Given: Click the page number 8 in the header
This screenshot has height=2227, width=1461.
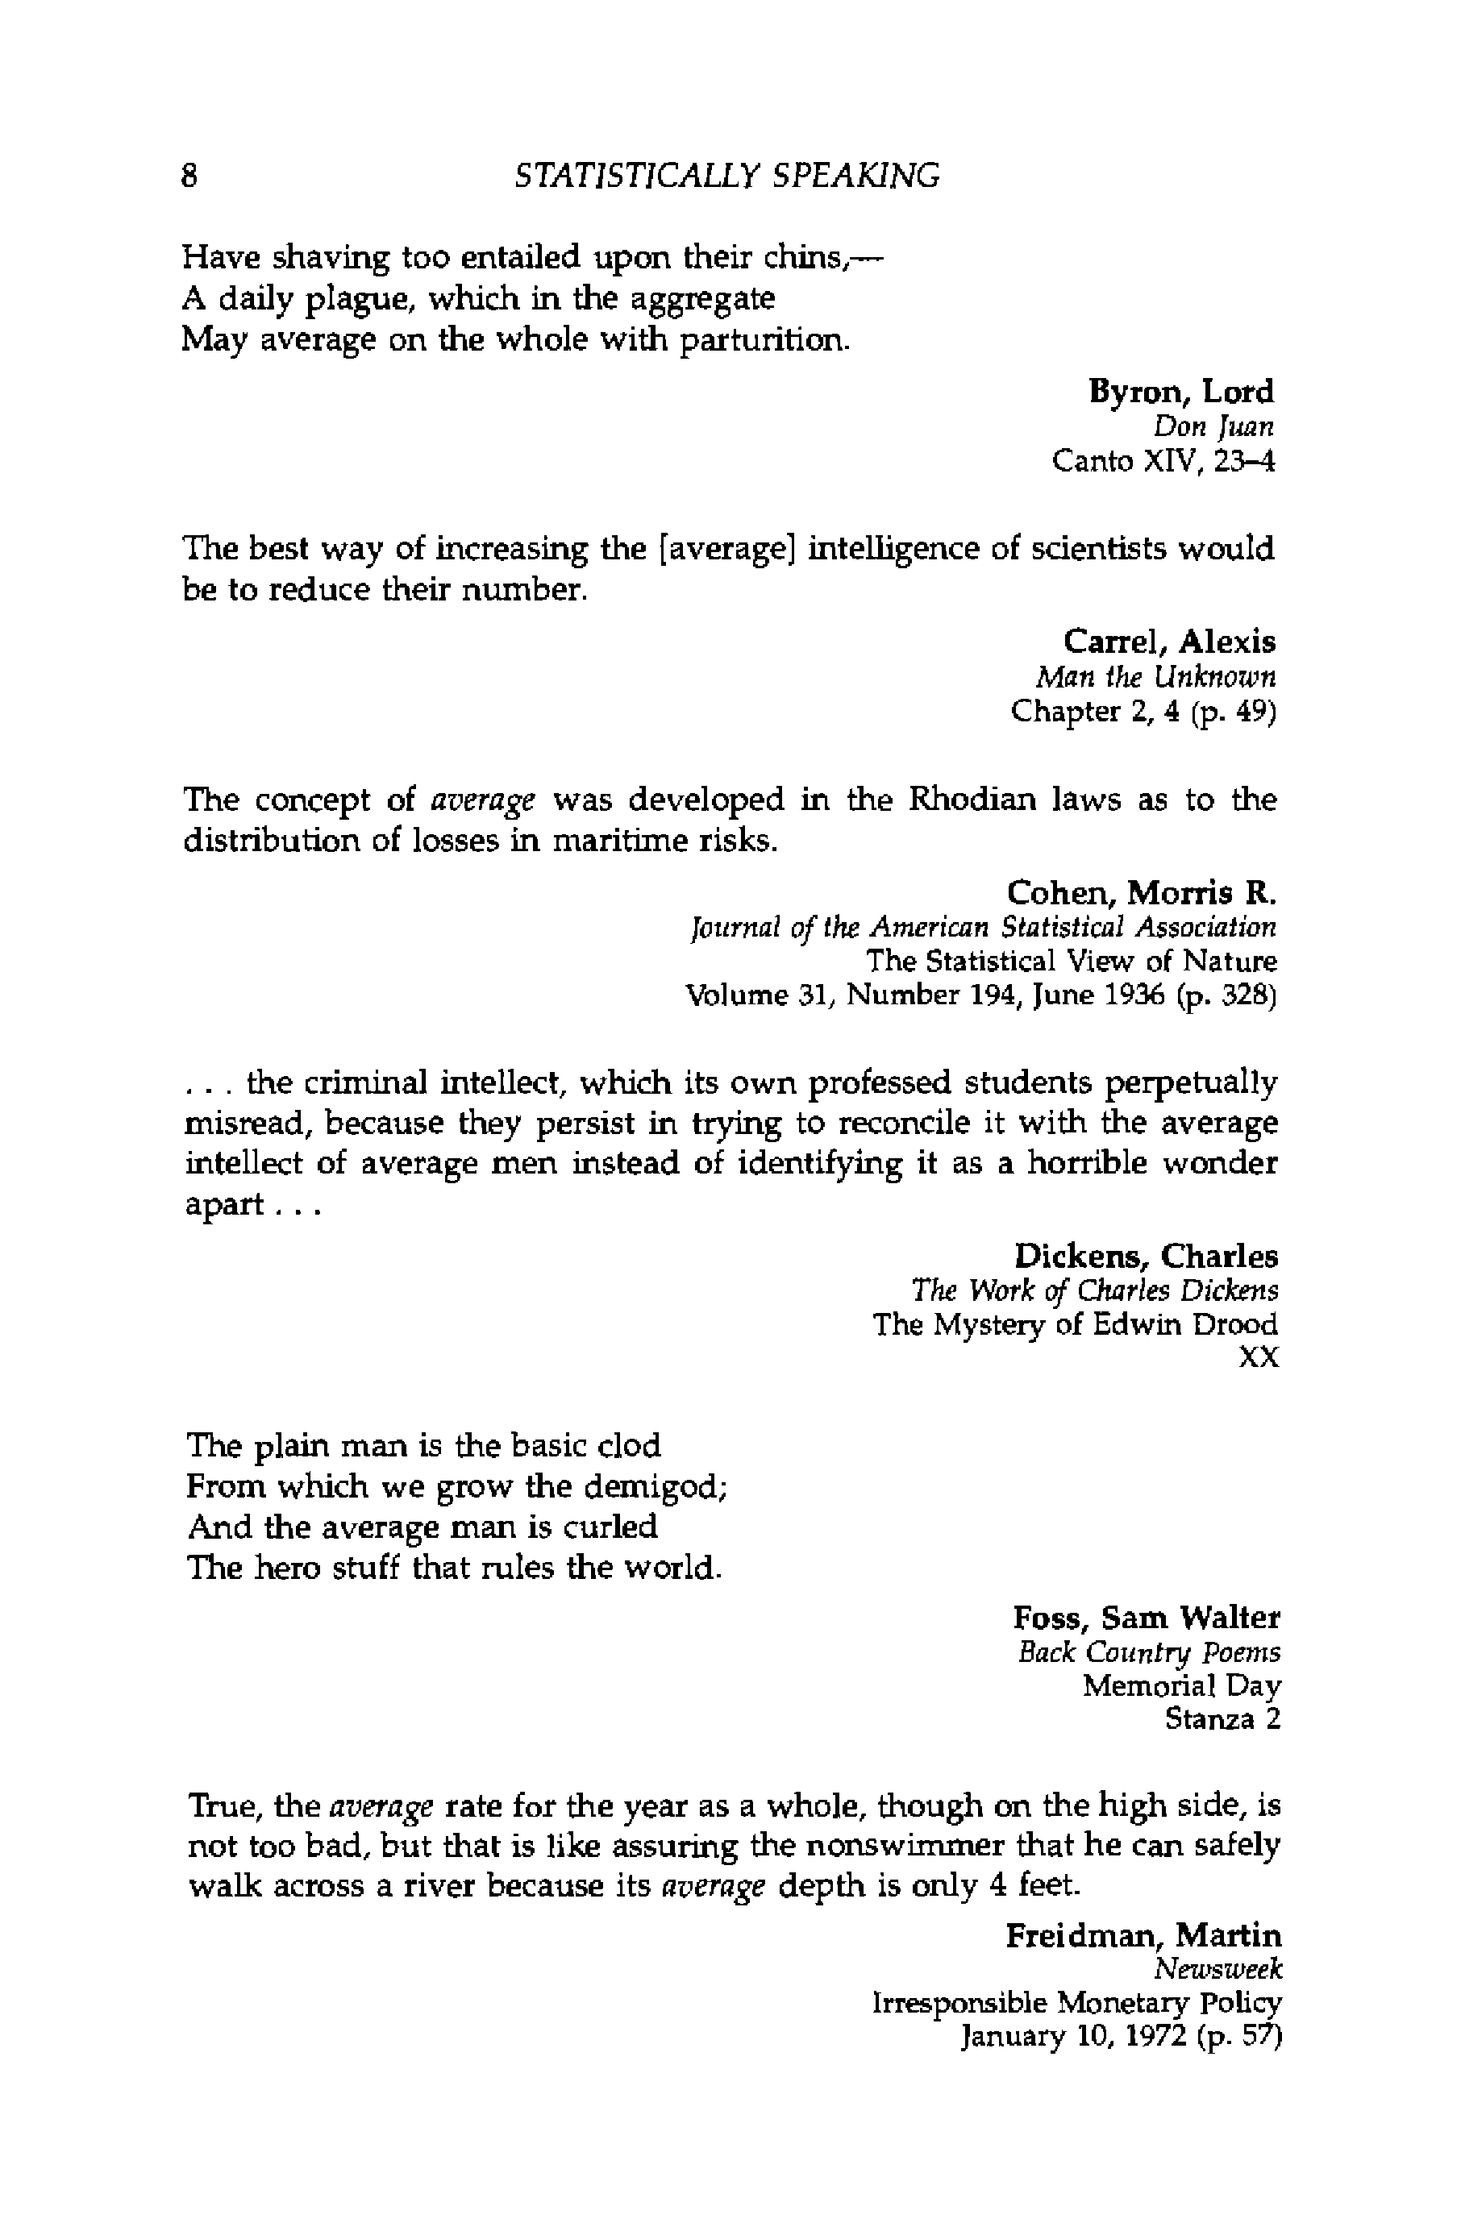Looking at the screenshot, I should (190, 176).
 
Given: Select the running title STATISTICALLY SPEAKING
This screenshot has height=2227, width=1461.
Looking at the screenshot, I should (727, 176).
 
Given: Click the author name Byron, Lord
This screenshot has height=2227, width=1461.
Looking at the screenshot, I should (1180, 391).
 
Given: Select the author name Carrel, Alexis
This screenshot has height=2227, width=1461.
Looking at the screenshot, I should (1169, 642).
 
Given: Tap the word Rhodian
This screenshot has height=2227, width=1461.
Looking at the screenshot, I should (972, 801).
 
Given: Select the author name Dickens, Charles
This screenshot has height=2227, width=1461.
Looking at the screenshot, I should (1146, 1256).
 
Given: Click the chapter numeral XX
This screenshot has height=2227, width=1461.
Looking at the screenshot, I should (1258, 1358).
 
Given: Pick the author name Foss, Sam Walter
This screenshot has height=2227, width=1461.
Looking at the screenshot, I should (1146, 1617).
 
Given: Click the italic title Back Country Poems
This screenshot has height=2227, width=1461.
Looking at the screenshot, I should (1148, 1652).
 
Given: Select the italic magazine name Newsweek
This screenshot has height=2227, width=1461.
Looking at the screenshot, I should (1217, 1970).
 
